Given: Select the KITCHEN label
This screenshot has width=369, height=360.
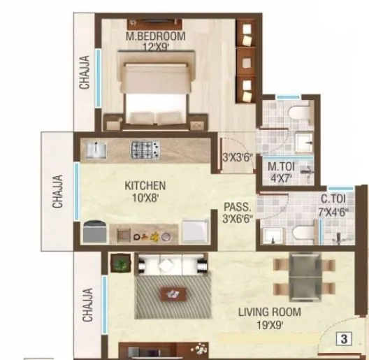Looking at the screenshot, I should (145, 185).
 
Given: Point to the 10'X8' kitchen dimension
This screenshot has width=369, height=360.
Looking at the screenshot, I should (145, 197).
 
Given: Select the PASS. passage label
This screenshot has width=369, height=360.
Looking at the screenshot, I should (233, 207).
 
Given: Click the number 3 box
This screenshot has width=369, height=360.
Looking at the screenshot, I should (345, 340).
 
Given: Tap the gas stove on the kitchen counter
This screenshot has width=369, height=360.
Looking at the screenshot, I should (146, 148).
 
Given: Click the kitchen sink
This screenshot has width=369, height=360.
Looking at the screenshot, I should (95, 149).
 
